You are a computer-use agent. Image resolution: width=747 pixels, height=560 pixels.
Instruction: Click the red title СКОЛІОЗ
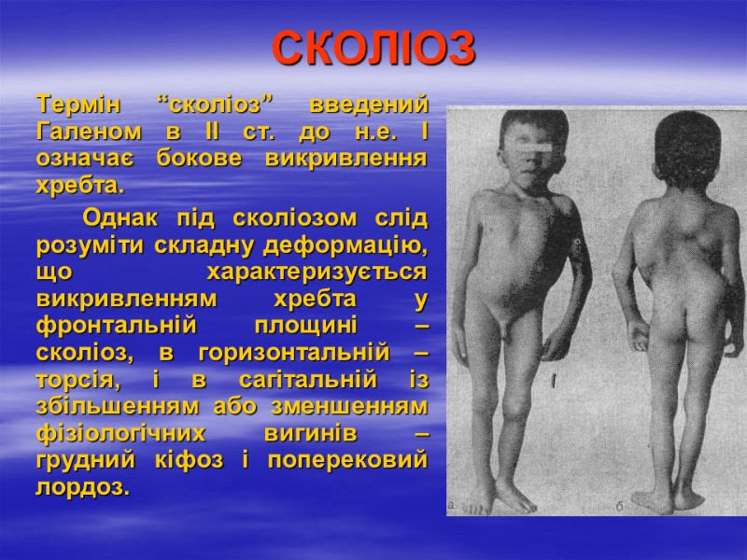coord(373,49)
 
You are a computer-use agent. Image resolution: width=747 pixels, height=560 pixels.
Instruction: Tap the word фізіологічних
coord(127,435)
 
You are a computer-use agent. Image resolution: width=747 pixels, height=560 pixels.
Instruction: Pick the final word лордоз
coord(82,489)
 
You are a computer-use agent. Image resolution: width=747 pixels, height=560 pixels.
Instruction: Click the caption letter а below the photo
coord(452,505)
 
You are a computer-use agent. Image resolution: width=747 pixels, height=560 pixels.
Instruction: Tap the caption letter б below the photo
coord(619,505)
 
